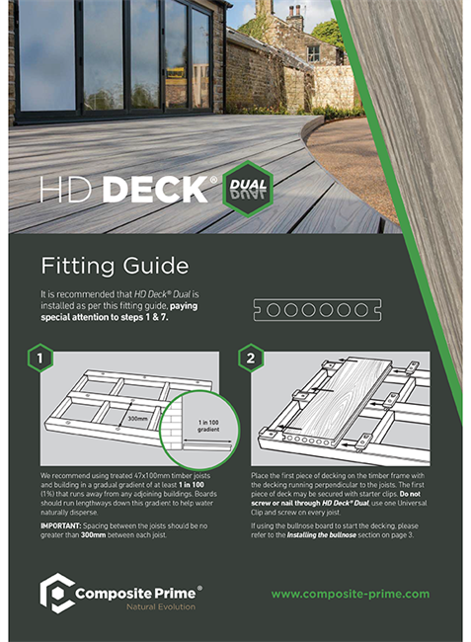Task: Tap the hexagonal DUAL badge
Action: pyautogui.click(x=247, y=189)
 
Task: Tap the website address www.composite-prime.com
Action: pyautogui.click(x=351, y=594)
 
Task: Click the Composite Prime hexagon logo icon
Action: pyautogui.click(x=57, y=594)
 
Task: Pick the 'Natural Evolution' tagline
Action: pyautogui.click(x=132, y=605)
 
